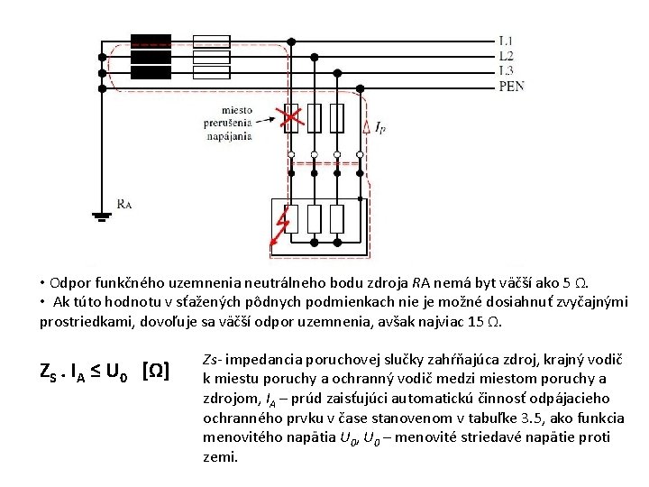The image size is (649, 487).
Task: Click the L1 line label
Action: tap(507, 41)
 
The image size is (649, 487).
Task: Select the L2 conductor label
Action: tap(507, 56)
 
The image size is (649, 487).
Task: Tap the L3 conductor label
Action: tap(507, 70)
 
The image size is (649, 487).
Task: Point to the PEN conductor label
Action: tap(511, 86)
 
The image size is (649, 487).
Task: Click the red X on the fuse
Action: tap(290, 118)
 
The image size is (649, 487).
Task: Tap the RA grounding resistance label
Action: tap(124, 204)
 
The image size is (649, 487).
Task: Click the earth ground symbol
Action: tap(102, 216)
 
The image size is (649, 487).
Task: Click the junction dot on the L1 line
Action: tap(291, 41)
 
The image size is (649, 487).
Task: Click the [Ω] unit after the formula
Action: tap(157, 370)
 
